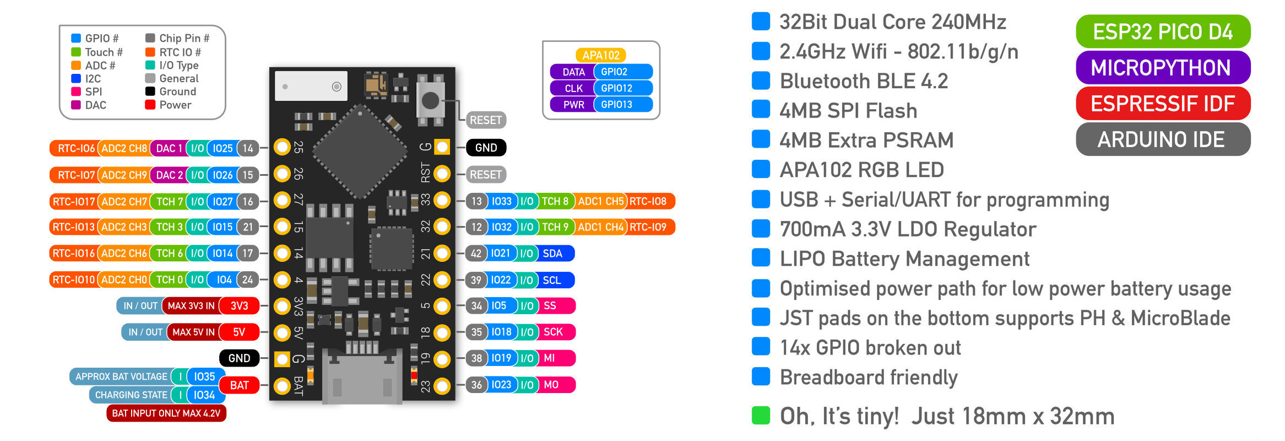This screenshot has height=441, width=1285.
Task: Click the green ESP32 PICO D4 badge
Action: pos(1162,32)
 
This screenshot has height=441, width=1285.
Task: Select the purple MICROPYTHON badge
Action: pos(1162,68)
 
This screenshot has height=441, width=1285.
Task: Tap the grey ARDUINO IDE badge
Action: pos(1162,139)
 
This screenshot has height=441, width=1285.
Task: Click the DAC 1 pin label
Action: pos(169,148)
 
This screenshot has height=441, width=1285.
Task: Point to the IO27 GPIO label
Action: pos(223,202)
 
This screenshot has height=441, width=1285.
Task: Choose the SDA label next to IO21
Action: pos(552,254)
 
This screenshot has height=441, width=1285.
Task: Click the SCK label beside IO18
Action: pos(553,332)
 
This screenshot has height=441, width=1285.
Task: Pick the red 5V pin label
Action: pos(239,332)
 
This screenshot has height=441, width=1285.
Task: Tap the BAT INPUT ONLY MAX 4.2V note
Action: pos(166,413)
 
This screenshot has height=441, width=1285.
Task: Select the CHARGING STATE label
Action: pos(131,395)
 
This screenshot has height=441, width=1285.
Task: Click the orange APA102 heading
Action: pos(601,55)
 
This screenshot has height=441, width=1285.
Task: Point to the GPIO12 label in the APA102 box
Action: pos(616,88)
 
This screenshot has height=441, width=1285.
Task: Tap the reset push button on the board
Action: pos(430,100)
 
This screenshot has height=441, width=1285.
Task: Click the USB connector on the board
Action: pos(362,378)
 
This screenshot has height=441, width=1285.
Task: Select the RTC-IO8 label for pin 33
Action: pos(648,201)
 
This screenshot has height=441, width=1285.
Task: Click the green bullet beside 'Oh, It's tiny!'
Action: pos(761,416)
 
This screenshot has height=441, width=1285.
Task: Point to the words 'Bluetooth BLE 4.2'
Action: pos(864,81)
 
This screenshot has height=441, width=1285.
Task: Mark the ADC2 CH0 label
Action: pos(124,279)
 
